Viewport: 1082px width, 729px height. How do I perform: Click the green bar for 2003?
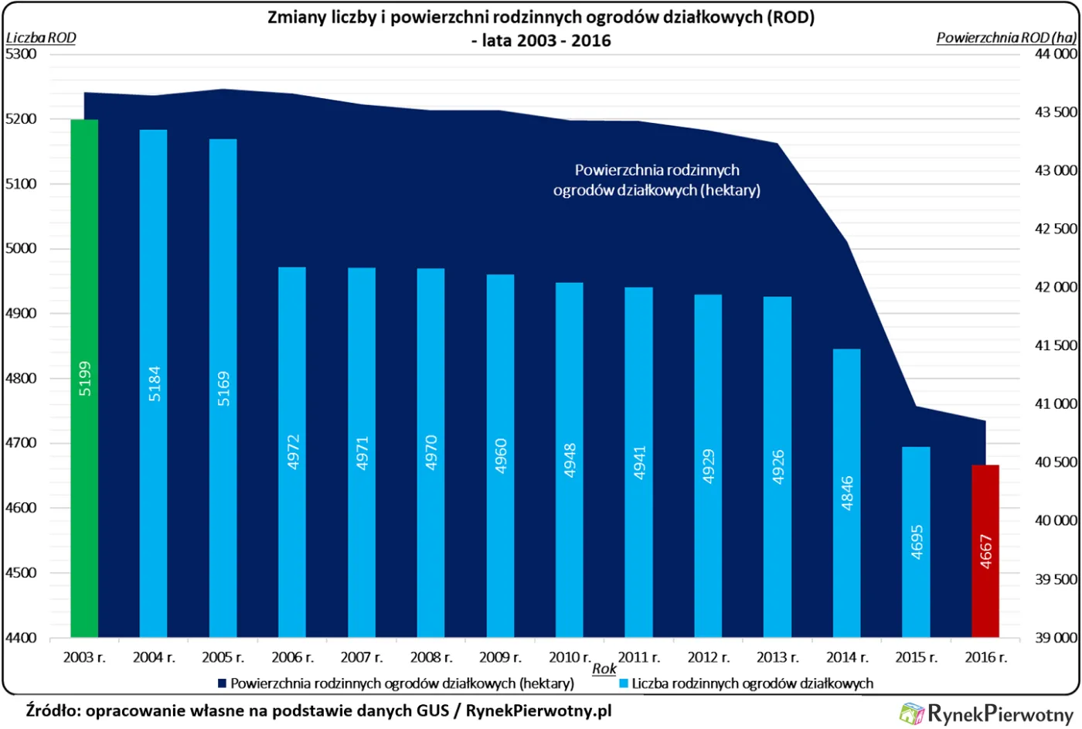coord(84,378)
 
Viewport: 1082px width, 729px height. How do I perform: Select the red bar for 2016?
coord(985,550)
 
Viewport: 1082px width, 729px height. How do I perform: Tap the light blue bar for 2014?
coord(846,492)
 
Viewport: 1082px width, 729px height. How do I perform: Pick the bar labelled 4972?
coord(292,451)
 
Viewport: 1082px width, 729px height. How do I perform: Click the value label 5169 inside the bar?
coord(223,389)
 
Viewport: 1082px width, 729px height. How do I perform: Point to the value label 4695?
coord(917,542)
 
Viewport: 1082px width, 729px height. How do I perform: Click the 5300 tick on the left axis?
coord(21,54)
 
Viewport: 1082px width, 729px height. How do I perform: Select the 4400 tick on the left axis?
coord(21,638)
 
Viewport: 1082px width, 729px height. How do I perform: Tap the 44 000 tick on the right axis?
coord(1056,54)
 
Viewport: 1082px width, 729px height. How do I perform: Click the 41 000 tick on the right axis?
coord(1056,404)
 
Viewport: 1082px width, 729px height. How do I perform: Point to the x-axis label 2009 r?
coord(500,657)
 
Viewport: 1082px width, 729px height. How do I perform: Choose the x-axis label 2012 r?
coord(708,657)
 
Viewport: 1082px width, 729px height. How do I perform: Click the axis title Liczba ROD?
coord(41,37)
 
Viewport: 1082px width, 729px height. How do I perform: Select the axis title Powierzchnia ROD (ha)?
coord(1005,37)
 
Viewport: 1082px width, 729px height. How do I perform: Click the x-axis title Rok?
coord(604,669)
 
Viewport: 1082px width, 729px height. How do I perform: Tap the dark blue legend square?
coord(222,683)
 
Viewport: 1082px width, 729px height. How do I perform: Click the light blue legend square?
coord(623,683)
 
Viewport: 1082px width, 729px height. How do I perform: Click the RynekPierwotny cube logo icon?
coord(912,713)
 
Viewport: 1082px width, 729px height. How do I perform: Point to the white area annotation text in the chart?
coord(657,180)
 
